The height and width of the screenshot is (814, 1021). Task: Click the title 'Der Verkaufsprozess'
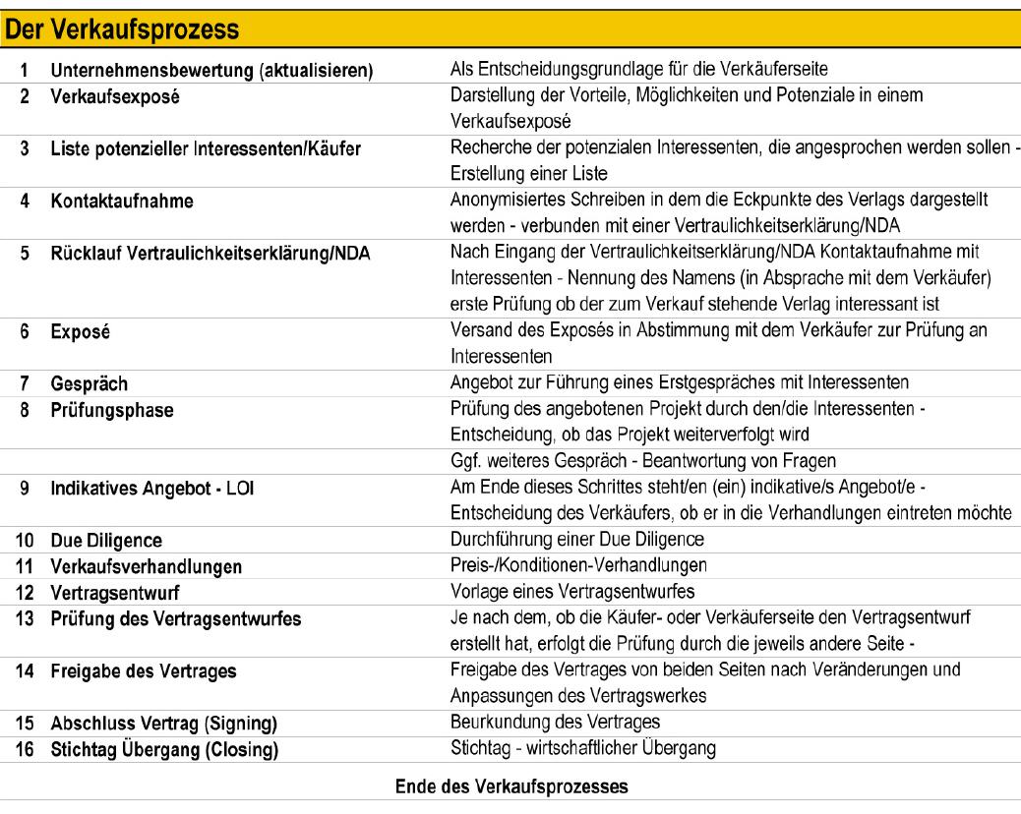click(122, 29)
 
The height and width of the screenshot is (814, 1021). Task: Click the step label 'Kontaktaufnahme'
click(122, 202)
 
